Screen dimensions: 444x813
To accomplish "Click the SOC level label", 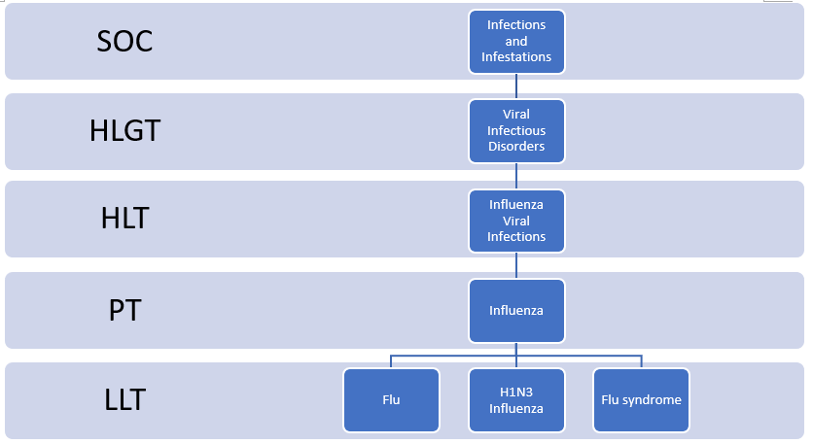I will point(124,42).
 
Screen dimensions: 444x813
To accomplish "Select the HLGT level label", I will point(124,131).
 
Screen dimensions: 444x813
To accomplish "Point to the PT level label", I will point(124,311).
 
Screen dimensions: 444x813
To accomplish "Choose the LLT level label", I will point(124,399).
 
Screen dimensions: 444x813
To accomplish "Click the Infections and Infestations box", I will point(516,42).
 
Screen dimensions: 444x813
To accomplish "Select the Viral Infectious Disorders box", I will point(516,131).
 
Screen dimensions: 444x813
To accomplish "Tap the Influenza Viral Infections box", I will point(516,221).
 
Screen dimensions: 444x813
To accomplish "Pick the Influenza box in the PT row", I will point(516,311).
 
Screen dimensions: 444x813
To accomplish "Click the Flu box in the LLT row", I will point(391,399).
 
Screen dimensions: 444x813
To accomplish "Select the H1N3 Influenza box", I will point(516,399).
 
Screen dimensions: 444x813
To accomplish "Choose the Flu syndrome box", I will point(641,399).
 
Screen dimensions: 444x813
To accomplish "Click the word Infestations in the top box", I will point(516,57).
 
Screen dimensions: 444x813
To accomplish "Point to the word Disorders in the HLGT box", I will point(516,147).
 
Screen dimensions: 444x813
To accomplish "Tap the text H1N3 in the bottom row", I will point(516,392).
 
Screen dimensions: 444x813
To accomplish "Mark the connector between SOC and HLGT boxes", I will point(516,86).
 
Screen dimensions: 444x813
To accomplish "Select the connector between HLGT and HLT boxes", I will point(516,176).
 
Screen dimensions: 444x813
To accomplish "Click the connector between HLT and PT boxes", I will point(516,265).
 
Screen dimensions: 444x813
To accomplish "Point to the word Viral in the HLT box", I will point(516,221).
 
